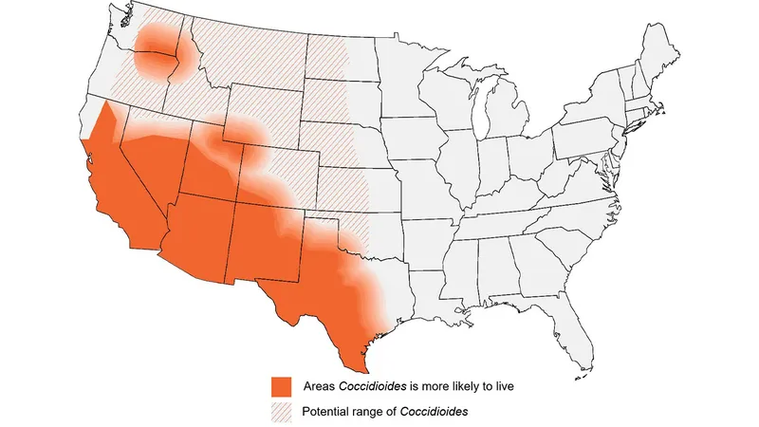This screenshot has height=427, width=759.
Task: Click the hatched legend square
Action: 280,413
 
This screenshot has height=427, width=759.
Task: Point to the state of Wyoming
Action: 261,119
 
